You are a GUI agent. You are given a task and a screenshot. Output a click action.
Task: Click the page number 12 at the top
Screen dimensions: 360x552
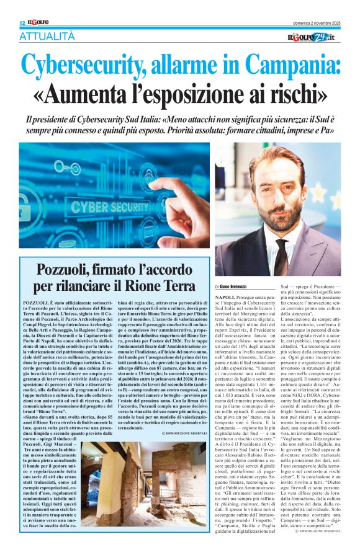(22, 23)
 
